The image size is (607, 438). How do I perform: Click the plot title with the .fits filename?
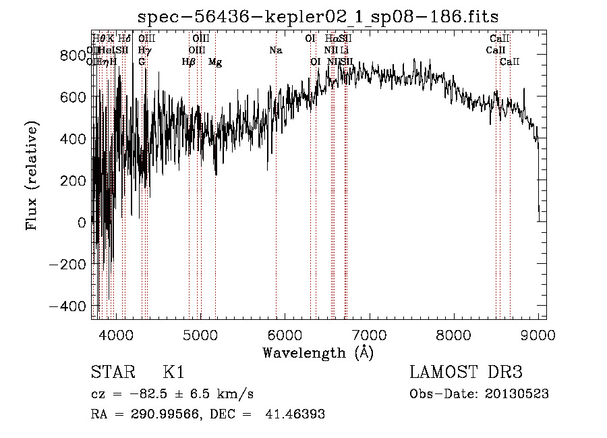318,17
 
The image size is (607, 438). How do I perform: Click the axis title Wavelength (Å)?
318,352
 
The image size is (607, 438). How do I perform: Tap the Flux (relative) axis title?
32,175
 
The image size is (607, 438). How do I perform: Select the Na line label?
275,51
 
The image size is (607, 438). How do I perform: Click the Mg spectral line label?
215,62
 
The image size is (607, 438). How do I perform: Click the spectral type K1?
173,373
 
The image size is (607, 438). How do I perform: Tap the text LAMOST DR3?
465,373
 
